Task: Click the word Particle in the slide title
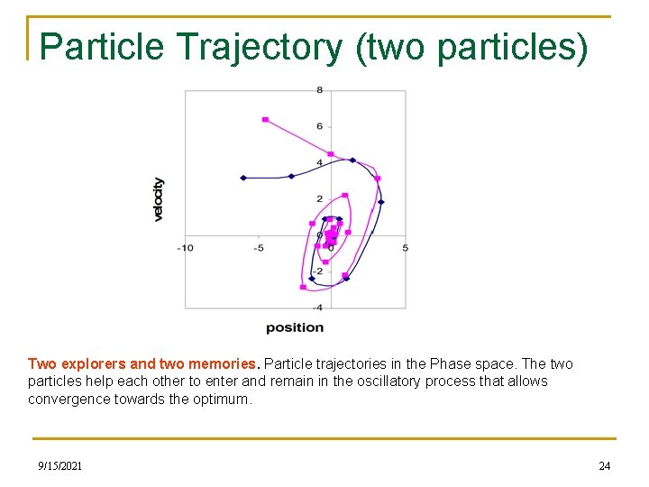point(97,47)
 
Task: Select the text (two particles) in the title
point(472,47)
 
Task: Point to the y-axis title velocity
point(159,198)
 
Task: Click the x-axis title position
point(295,327)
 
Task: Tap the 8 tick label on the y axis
point(319,90)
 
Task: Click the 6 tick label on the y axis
point(319,126)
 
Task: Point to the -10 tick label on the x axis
point(185,247)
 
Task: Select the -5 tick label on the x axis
point(258,247)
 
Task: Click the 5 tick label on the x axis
point(405,247)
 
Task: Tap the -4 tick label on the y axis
point(318,308)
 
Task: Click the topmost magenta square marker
point(265,119)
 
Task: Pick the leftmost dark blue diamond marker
point(243,178)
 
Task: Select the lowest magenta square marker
point(303,287)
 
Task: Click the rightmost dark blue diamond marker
point(380,202)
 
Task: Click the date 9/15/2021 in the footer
point(60,465)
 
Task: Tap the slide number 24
point(604,465)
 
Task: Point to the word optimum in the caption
point(222,399)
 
